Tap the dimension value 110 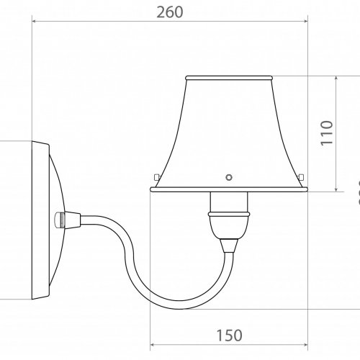(x=325, y=133)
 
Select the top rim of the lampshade (x=229, y=76)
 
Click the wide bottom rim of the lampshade (x=229, y=189)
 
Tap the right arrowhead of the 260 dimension (x=305, y=22)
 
